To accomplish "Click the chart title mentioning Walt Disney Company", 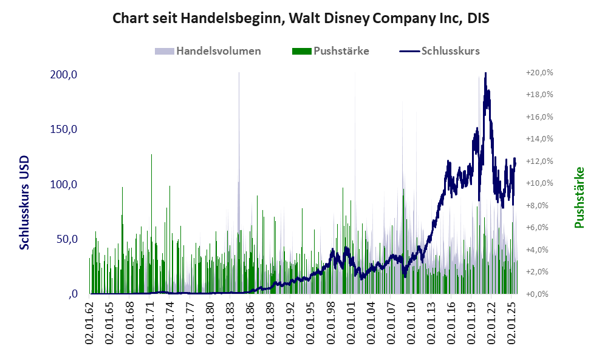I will pos(301,19).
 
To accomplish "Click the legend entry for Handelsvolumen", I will pos(218,51).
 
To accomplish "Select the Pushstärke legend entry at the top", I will pos(341,51).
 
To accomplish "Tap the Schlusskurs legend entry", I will pos(450,51).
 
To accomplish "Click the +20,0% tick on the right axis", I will pos(539,72).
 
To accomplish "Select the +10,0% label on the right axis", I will pos(539,183).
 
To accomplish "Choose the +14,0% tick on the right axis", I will pos(539,139).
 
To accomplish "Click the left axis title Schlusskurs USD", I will pos(25,203).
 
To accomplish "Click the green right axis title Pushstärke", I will pos(578,198).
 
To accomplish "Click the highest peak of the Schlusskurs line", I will pos(485,73).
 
